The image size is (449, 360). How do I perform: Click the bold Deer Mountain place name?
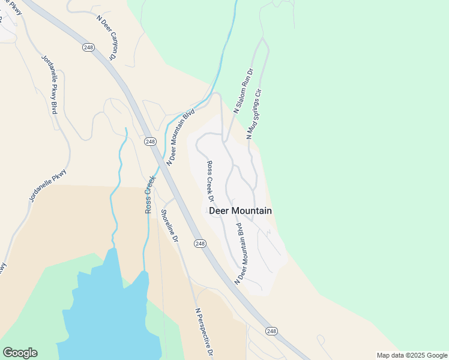tap(240, 211)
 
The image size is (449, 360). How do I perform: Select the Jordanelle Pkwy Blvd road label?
tap(50, 85)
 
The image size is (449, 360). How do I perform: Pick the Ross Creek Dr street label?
tap(211, 181)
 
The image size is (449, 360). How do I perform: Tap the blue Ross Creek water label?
tap(149, 194)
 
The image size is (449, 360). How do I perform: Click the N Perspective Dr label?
tap(205, 334)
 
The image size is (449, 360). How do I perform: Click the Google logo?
tap(20, 353)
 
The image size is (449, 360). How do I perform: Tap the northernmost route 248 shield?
tap(88, 47)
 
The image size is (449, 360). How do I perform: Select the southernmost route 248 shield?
tap(271, 331)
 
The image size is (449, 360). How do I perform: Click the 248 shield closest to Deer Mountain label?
tap(200, 244)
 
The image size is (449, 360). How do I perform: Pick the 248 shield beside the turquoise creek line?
tap(150, 142)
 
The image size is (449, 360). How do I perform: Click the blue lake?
tap(108, 312)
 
